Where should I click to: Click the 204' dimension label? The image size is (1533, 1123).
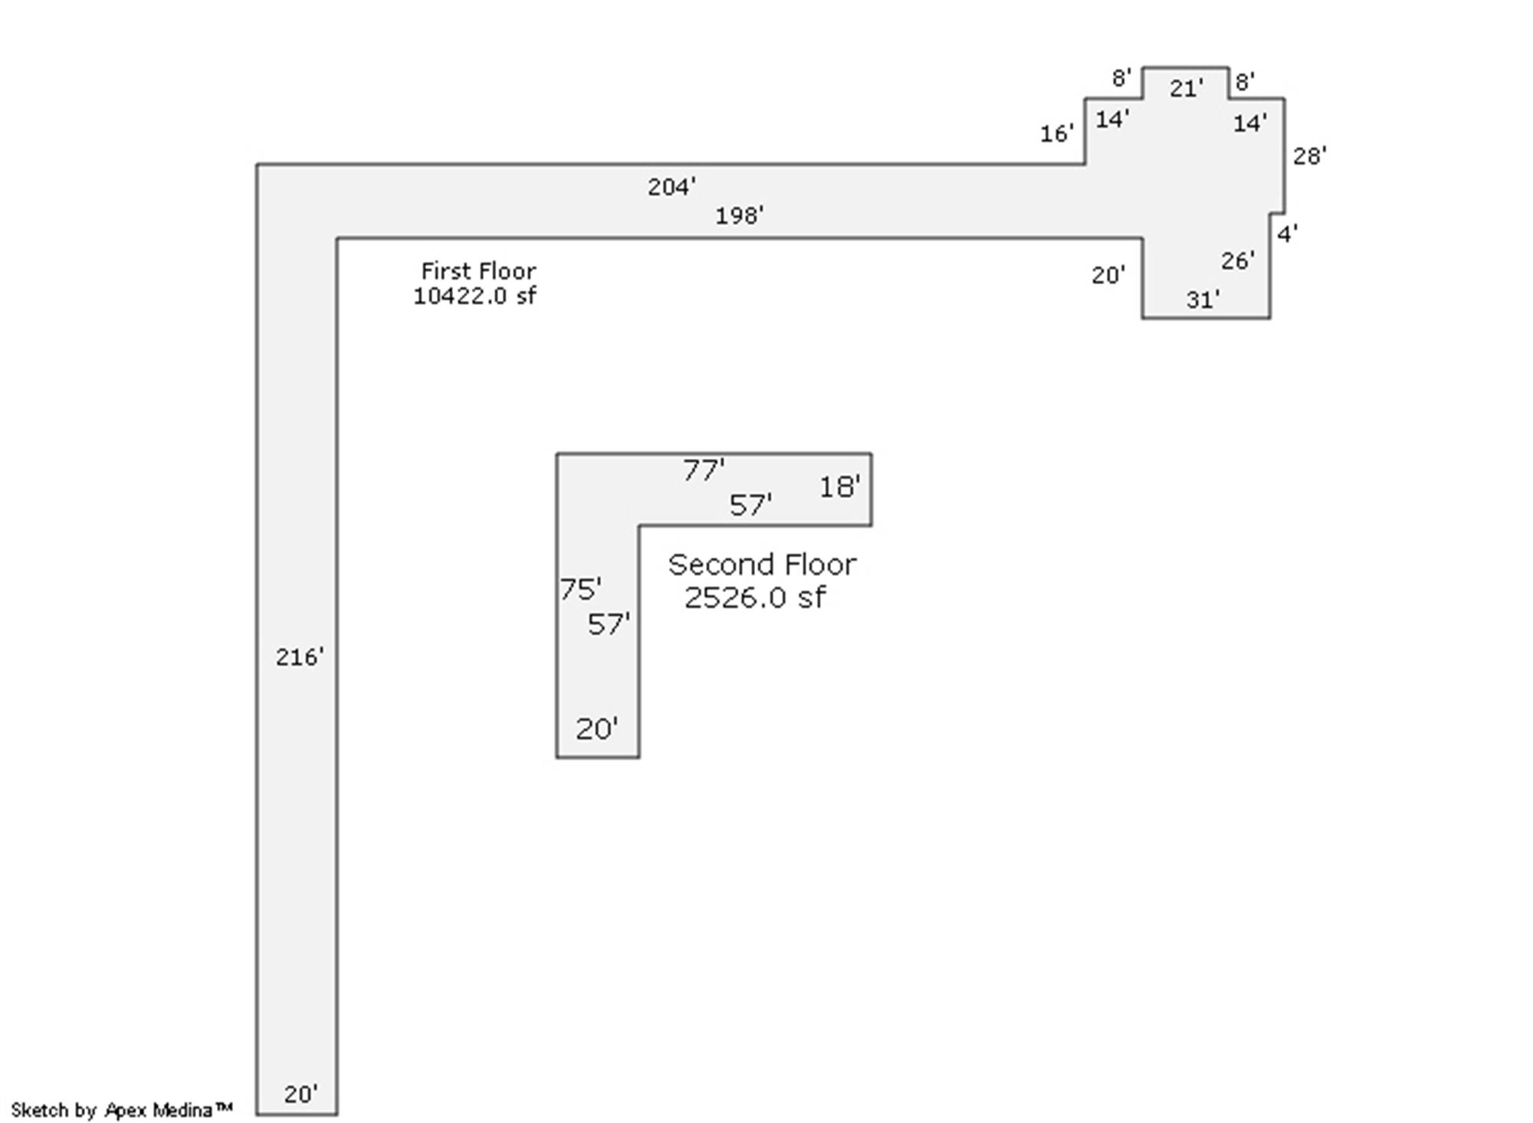coord(671,187)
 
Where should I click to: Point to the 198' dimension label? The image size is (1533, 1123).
coord(740,216)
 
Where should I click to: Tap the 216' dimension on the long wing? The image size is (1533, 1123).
coord(300,657)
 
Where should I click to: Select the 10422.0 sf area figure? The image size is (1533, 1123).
coord(475,296)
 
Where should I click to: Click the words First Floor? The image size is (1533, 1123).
coord(478,271)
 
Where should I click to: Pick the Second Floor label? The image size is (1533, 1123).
coord(762,565)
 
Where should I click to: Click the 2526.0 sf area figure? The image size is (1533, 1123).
coord(755,598)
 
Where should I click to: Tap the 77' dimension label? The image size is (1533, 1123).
coord(704,470)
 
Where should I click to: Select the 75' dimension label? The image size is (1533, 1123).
coord(580,589)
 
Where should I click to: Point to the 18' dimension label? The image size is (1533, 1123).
coord(840,486)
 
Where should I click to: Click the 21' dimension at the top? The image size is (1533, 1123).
coord(1186,89)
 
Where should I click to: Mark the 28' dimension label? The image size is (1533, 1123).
coord(1309,156)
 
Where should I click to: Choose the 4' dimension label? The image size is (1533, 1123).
coord(1287,234)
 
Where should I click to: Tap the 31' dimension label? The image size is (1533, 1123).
coord(1203,300)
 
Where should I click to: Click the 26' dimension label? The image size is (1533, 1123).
coord(1238,261)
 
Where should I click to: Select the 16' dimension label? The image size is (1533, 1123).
coord(1056,134)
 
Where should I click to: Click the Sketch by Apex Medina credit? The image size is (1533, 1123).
coord(122,1110)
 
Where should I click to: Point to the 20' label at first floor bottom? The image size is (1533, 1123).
coord(300,1095)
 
